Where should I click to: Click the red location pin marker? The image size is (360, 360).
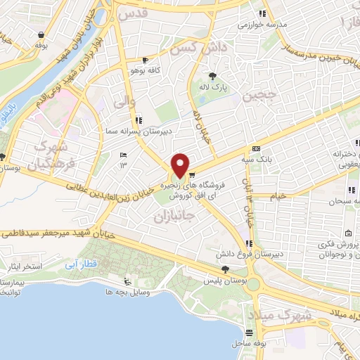181,165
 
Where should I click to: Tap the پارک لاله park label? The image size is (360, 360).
214,87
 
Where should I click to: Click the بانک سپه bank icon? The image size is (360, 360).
255,148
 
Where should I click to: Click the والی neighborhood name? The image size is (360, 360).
123,100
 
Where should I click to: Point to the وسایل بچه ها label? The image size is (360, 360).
124,291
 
